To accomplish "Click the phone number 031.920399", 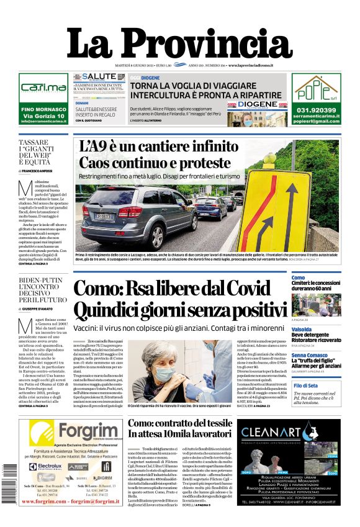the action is point(316,110).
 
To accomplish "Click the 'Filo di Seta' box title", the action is point(307,385).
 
